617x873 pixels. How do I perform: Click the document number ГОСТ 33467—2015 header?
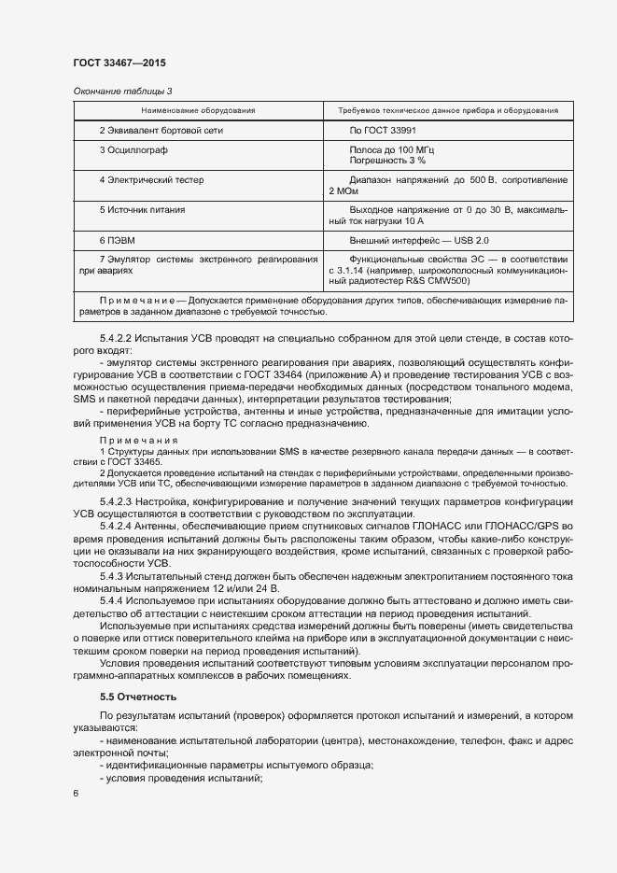click(119, 63)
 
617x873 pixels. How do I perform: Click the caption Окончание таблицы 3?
click(122, 91)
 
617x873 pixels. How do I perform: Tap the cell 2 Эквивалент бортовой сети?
click(161, 131)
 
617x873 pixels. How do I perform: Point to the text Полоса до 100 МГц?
click(392, 149)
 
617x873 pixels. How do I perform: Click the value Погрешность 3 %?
click(386, 161)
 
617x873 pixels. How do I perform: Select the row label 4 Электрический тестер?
click(150, 179)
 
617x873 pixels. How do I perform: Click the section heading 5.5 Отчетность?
click(138, 697)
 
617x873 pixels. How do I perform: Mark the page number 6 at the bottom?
click(76, 794)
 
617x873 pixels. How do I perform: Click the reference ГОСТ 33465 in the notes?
click(136, 461)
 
